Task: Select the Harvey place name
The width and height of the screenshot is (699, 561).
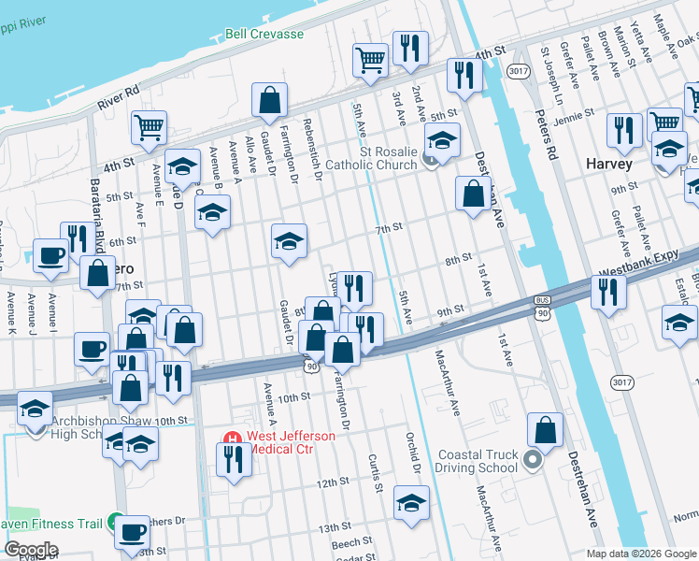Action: pos(608,164)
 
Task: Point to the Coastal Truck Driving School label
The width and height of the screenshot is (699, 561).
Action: pos(478,461)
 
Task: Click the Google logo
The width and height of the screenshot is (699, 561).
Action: pos(30,550)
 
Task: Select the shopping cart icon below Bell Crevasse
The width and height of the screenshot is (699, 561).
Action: pos(370,60)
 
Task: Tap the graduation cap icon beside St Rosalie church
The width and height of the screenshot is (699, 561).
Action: pos(441,142)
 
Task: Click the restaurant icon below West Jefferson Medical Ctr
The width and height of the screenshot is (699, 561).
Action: pos(231,459)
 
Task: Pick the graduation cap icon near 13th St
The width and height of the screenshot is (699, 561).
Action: pos(410,503)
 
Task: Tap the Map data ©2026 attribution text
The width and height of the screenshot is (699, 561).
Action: pos(641,553)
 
